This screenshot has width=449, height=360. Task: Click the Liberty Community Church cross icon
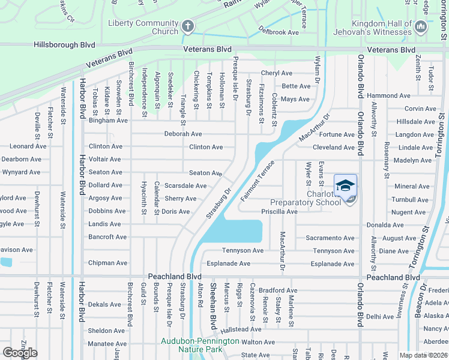(x=188, y=26)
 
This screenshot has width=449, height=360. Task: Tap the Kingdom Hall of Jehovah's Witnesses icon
(x=421, y=27)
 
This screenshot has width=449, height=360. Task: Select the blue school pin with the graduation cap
(x=345, y=186)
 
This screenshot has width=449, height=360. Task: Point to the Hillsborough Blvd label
(x=65, y=45)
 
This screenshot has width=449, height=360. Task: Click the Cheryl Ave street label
(x=276, y=73)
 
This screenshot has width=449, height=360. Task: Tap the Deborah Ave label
(x=183, y=134)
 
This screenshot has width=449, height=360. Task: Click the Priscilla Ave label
(x=279, y=212)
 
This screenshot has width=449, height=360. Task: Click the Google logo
(x=20, y=353)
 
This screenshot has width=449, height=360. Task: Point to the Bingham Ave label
(x=108, y=121)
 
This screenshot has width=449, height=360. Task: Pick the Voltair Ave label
(x=104, y=160)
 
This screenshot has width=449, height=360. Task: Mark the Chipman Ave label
(x=107, y=263)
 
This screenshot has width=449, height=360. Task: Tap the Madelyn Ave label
(x=413, y=160)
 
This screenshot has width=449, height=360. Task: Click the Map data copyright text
(x=423, y=355)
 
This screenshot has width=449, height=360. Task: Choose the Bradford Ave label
(x=278, y=290)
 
